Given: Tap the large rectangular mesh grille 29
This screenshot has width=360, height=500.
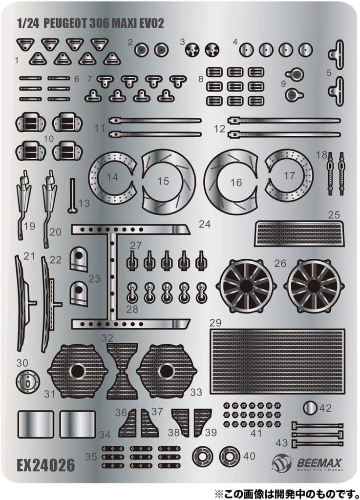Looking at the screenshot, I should [277, 361].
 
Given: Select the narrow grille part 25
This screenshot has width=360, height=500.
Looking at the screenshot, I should [299, 233].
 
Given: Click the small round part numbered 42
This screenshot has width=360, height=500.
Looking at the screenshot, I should [311, 408].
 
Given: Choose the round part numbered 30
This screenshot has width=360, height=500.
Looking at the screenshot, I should [27, 380].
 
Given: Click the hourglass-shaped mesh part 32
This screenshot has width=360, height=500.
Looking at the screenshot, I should [122, 371].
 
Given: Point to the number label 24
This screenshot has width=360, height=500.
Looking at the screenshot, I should [205, 225].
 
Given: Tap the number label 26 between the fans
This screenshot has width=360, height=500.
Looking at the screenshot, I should [280, 264].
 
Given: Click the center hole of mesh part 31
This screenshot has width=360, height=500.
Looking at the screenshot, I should [77, 371].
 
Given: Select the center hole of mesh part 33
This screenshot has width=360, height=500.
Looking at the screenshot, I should [166, 371].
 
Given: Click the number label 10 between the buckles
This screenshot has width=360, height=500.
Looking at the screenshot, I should [48, 139].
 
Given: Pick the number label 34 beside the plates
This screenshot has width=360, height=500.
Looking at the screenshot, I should [105, 434].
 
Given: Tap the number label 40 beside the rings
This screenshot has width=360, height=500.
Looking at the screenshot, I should [249, 456].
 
